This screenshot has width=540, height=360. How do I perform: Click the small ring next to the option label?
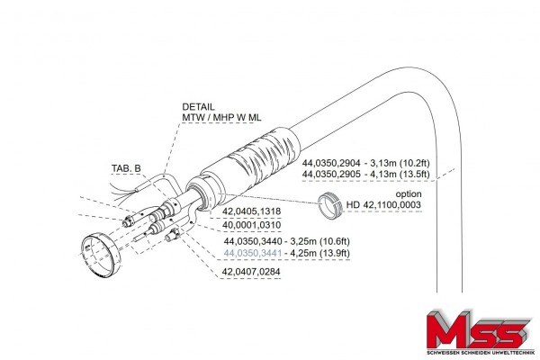pyautogui.click(x=331, y=205)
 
